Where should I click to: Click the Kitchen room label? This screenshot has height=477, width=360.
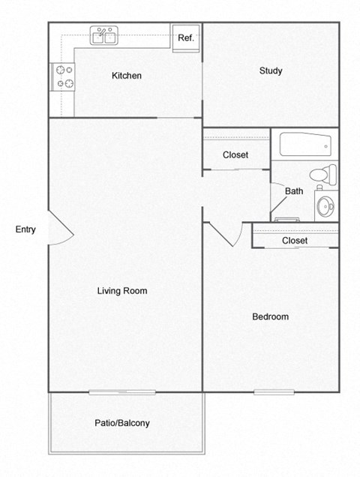[x=126, y=76]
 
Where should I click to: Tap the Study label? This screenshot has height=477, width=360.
[x=271, y=71]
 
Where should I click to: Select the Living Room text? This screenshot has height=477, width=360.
[x=122, y=291]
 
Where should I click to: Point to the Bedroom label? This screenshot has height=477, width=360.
[x=270, y=316]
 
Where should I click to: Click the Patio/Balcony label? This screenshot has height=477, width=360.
[x=122, y=423]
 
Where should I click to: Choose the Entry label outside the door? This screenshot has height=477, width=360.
[x=25, y=229]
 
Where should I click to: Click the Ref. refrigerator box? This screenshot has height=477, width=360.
[x=185, y=38]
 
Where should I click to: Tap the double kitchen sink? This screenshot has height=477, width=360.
[x=105, y=36]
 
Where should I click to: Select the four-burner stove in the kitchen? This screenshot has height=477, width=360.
[x=63, y=76]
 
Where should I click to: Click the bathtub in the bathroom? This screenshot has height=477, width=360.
[x=304, y=143]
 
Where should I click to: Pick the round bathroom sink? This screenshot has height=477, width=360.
[x=325, y=206]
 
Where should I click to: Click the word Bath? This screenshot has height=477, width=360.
[x=294, y=191]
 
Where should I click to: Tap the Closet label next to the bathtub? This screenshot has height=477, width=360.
[x=235, y=155]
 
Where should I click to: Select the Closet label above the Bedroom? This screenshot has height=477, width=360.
[x=295, y=241]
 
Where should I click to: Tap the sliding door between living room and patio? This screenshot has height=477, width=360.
[x=122, y=391]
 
